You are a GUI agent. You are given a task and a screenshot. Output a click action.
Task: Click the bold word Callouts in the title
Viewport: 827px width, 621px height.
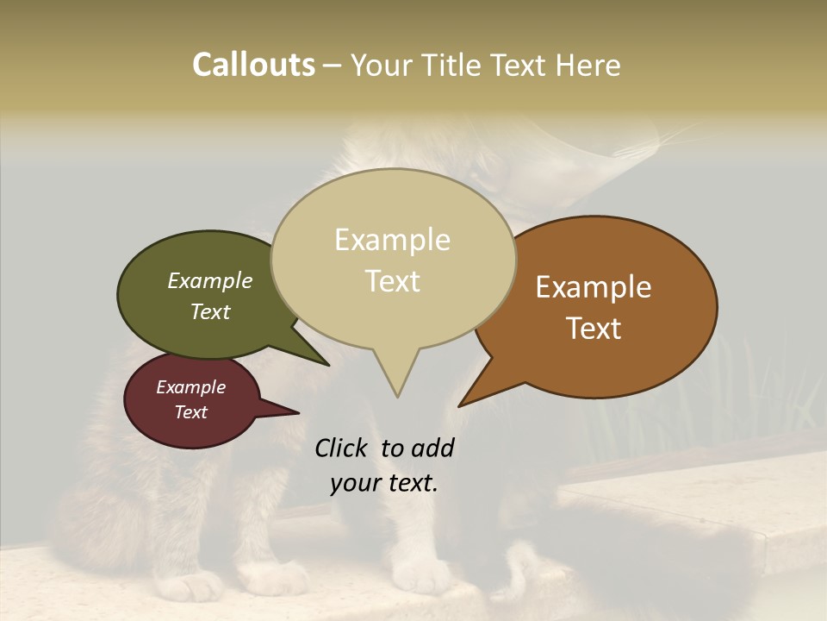point(253,65)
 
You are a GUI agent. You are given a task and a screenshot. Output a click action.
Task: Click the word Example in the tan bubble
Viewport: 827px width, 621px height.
point(392,240)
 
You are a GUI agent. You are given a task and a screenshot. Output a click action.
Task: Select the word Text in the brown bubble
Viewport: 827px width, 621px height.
point(594,329)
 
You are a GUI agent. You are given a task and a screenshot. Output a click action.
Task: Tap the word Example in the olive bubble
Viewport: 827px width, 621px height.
point(210,281)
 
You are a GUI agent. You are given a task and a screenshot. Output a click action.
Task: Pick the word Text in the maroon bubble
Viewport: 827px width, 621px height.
point(191,412)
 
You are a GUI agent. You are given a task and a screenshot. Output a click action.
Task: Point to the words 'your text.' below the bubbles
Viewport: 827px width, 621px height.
point(384,483)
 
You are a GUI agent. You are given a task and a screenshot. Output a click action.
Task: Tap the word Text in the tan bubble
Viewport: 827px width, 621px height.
point(393,281)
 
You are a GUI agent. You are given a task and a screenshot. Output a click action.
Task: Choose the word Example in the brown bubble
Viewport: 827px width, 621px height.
point(594,287)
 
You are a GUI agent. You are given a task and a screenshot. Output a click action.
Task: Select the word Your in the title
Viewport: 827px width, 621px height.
point(382,65)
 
